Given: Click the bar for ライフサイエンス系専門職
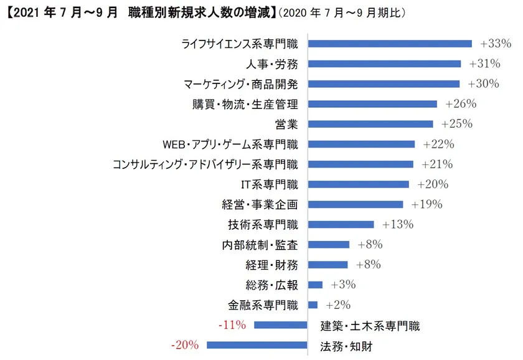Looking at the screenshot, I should [x=390, y=44].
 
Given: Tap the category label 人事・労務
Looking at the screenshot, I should [x=272, y=64].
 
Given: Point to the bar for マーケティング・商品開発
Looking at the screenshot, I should [x=384, y=83].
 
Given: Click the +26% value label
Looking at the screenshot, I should [x=458, y=104].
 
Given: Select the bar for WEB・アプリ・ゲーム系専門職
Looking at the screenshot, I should [x=362, y=144].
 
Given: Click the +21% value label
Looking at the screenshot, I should [x=437, y=164].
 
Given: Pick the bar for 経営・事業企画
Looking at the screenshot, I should [x=356, y=204].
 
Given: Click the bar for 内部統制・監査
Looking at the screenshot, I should [x=329, y=244].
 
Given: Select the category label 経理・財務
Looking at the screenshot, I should [x=272, y=265].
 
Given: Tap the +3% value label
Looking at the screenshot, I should [x=343, y=285].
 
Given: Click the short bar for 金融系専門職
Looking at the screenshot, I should [x=313, y=305].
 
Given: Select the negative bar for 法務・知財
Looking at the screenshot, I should [x=257, y=344].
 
